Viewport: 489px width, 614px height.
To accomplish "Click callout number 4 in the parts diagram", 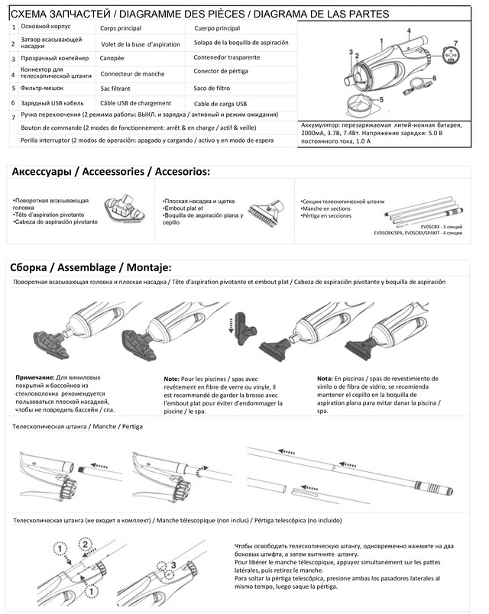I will pos(409,31).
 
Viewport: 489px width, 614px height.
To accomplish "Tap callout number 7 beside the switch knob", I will pos(456,43).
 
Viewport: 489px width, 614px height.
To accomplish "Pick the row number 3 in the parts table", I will pos(13,58).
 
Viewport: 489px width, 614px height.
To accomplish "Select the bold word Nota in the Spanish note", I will pos(325,377).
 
